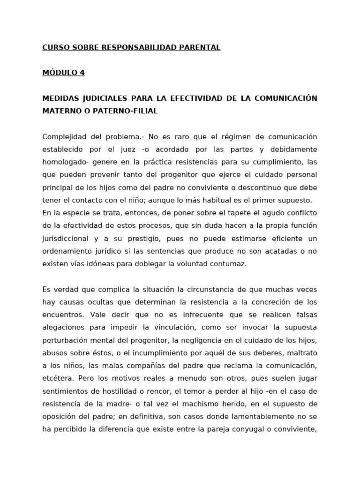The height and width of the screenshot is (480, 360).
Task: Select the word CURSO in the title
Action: pos(54,47)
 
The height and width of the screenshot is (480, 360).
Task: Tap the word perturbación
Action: pos(66,339)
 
